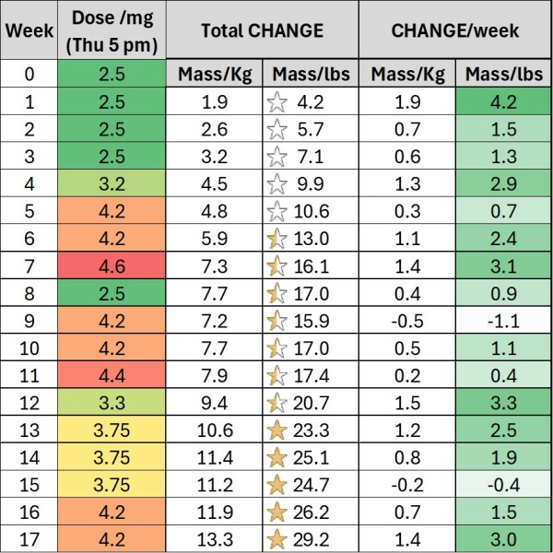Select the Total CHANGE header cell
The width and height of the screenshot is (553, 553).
(x=262, y=30)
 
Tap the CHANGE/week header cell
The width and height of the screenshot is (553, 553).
(x=454, y=30)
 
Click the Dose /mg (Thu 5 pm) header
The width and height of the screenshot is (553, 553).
(x=112, y=30)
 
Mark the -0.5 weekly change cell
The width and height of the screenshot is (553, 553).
(x=406, y=320)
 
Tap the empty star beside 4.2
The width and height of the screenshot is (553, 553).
(x=277, y=101)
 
